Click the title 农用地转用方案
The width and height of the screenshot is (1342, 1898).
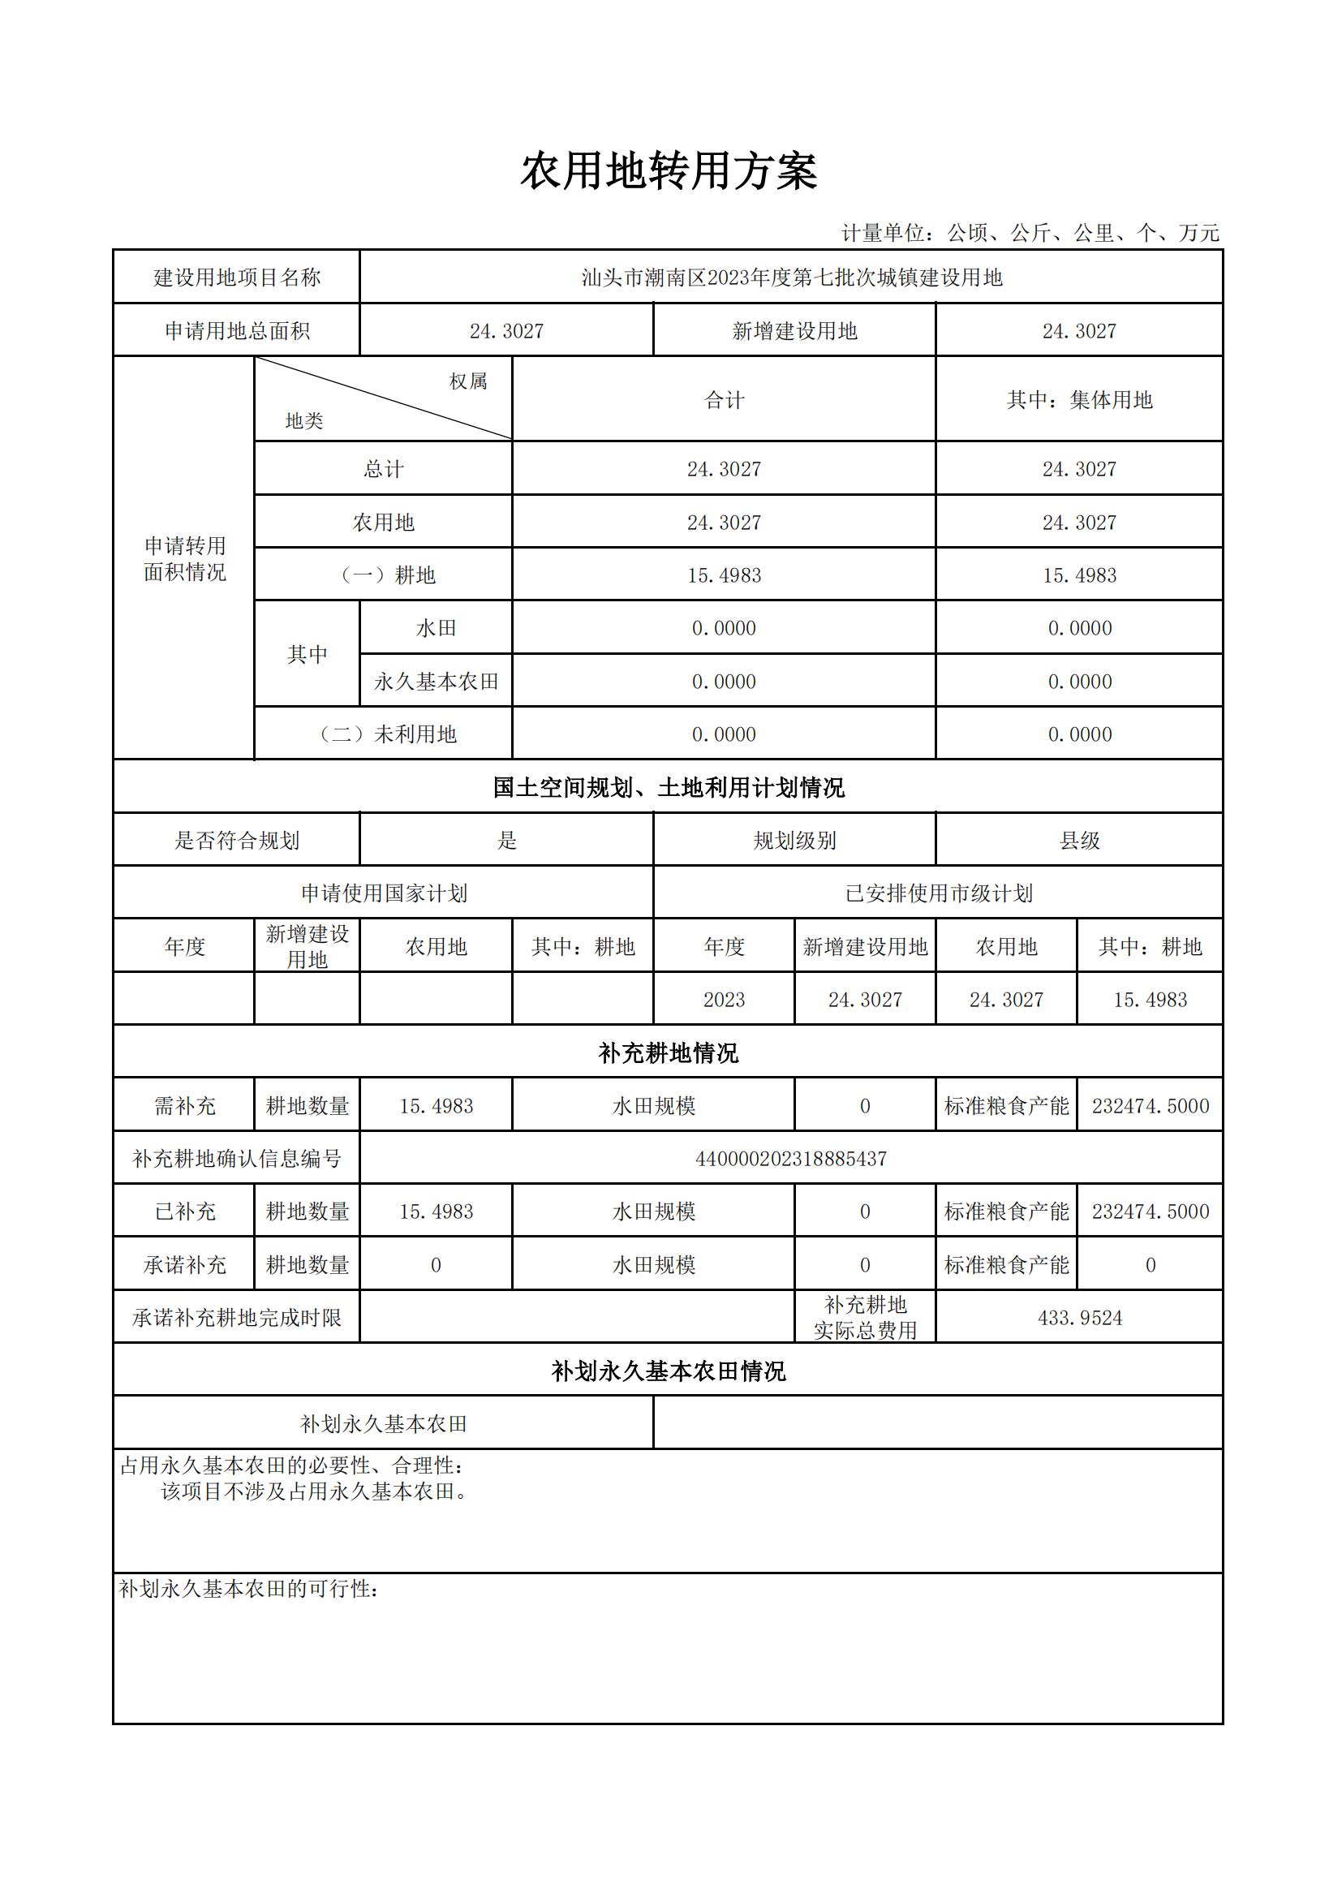pos(669,172)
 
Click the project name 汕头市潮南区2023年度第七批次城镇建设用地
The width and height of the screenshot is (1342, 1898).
pos(791,278)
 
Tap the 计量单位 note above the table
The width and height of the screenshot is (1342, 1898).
pos(1030,233)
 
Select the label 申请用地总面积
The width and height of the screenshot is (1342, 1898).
pos(237,330)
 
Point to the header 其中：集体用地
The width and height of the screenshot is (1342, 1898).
pos(1078,400)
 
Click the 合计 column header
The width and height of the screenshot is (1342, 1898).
pos(724,400)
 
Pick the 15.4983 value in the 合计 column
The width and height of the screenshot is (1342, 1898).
pos(724,575)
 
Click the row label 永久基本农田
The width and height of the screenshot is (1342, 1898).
pos(437,681)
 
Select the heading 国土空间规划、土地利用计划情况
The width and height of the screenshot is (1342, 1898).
pos(669,787)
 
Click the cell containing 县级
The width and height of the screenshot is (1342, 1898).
pos(1078,841)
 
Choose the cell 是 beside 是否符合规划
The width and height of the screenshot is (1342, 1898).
pos(506,841)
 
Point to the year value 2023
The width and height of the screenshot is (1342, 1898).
pos(724,1000)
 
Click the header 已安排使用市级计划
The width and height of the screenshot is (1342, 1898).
pos(938,893)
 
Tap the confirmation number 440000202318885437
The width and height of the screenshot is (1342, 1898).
pos(791,1159)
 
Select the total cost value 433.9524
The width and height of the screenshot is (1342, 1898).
pos(1079,1318)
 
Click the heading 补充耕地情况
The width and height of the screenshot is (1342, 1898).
pos(669,1053)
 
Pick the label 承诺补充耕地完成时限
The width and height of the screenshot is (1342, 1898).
pos(237,1318)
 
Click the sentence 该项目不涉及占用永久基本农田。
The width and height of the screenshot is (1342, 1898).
pos(315,1491)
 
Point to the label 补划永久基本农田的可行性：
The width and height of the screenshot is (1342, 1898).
pos(249,1589)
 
